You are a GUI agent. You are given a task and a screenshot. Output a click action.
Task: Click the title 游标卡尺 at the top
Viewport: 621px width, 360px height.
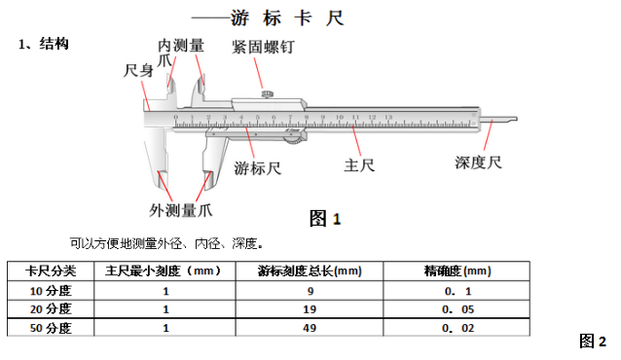[x=288, y=18]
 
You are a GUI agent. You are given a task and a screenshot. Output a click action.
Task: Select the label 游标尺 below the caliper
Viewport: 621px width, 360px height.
[x=258, y=168]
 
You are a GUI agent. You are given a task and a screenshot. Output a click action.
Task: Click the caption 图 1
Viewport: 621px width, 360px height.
[x=325, y=218]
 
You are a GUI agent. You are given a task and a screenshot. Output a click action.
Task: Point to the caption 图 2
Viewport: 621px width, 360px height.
[x=593, y=341]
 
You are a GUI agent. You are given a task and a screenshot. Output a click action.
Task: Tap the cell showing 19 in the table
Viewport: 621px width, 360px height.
[x=310, y=308]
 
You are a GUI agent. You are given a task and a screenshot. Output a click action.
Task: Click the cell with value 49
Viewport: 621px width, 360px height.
[x=310, y=328]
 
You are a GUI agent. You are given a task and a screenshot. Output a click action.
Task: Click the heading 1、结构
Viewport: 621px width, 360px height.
[x=44, y=45]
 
